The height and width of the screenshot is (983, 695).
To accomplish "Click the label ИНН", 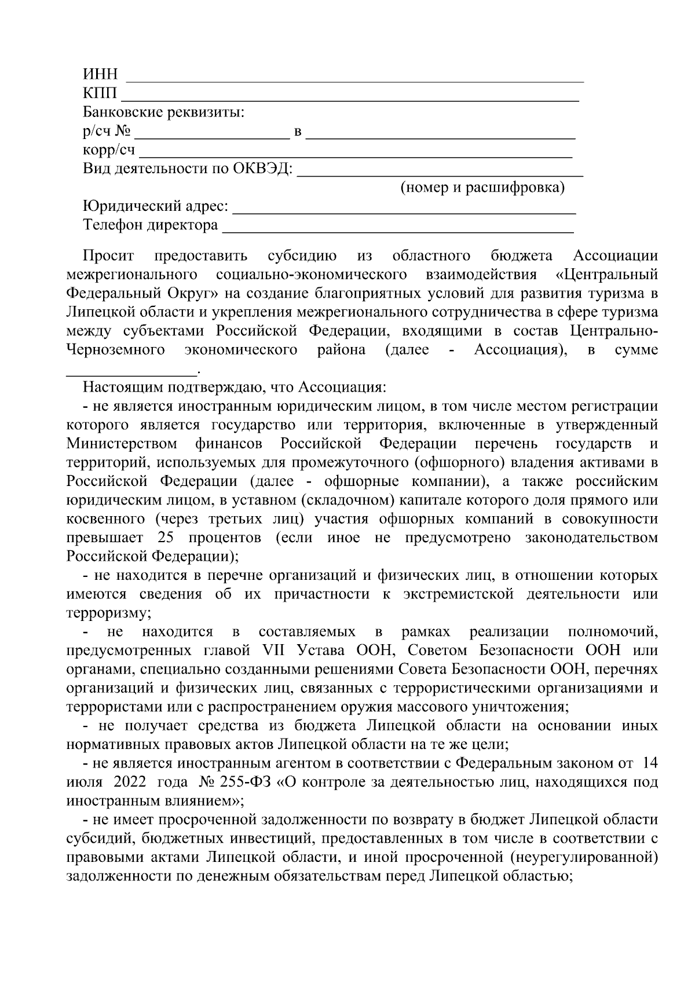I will point(100,75).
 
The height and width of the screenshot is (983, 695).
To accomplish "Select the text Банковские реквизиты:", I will point(163,112).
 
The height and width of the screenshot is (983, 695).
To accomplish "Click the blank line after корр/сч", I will point(354,156).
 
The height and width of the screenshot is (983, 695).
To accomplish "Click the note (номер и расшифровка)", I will point(482,188).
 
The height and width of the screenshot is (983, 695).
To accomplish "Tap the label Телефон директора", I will point(151,225).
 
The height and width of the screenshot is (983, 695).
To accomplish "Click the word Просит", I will point(108,255).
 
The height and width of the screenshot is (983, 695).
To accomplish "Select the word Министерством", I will point(122,444).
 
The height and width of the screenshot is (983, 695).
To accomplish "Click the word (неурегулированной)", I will point(585,857).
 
